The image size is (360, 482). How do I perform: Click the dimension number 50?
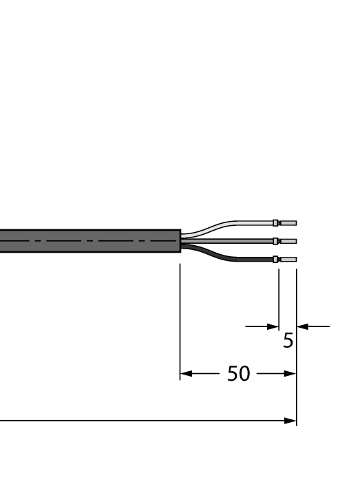(x=238, y=375)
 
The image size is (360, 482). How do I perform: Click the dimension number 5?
(x=288, y=341)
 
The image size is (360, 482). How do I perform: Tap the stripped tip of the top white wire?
(x=288, y=223)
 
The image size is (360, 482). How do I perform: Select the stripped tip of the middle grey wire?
(x=288, y=241)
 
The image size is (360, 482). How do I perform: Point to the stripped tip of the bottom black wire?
(x=288, y=260)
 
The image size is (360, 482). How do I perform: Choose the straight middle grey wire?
(x=227, y=241)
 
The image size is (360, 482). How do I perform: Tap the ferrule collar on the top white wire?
(x=275, y=223)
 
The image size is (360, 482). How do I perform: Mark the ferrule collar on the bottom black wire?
(x=275, y=260)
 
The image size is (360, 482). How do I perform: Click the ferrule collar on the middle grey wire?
(x=275, y=241)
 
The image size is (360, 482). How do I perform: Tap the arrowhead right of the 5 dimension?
(x=301, y=326)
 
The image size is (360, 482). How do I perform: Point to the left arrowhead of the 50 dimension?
(x=185, y=375)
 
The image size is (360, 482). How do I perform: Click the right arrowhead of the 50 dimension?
(x=290, y=375)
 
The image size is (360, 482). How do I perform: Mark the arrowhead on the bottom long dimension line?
(x=290, y=420)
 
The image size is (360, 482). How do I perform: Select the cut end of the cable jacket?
(x=180, y=241)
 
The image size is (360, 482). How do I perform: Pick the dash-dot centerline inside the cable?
(x=89, y=241)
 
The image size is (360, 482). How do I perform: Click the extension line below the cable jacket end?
(x=180, y=317)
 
